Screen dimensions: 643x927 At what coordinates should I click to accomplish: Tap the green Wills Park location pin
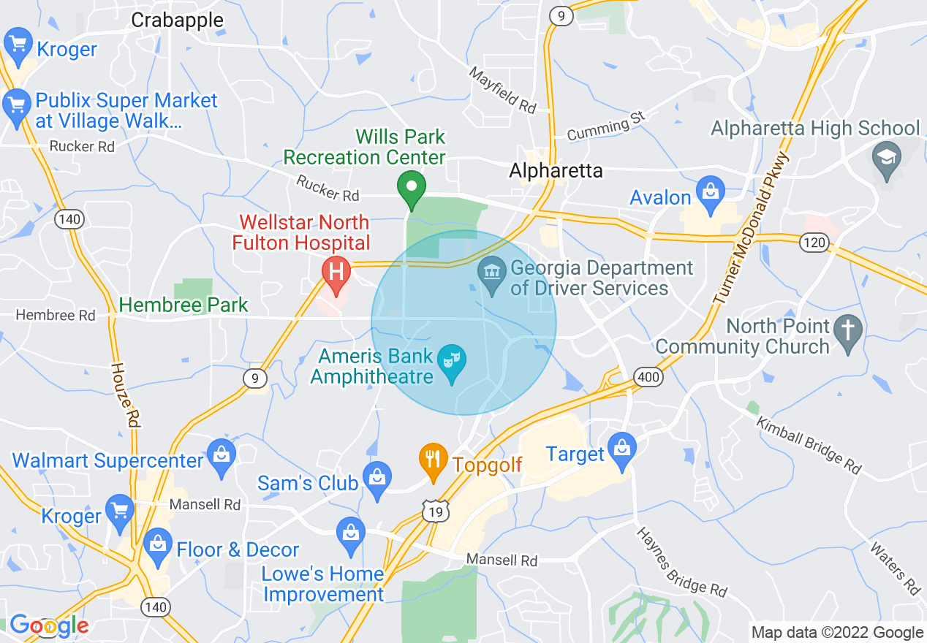tap(412, 187)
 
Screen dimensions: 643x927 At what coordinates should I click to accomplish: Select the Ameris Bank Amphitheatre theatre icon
tap(452, 361)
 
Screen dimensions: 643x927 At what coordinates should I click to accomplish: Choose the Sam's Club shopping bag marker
tap(377, 479)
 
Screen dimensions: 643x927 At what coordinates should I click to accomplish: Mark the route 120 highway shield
tap(814, 243)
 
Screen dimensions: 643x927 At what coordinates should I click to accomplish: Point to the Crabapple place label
tap(177, 20)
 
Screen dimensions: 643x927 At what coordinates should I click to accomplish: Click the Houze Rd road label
tap(125, 395)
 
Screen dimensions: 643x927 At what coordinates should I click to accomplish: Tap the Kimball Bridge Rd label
tap(809, 445)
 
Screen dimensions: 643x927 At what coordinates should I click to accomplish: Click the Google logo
tap(49, 626)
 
